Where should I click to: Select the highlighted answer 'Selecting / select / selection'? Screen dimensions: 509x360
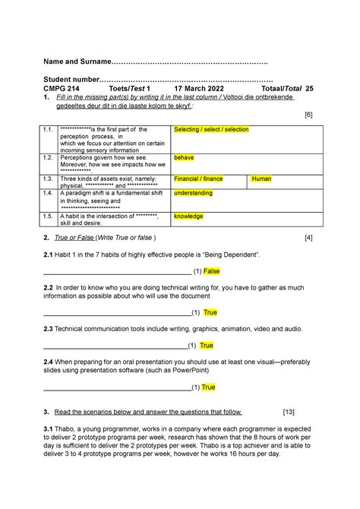click(x=211, y=130)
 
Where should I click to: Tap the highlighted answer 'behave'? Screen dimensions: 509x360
click(x=184, y=158)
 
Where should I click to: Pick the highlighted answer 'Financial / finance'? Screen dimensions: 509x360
click(x=198, y=179)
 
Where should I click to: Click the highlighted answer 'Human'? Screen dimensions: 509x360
click(x=261, y=179)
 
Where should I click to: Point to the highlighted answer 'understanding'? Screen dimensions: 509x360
click(x=194, y=194)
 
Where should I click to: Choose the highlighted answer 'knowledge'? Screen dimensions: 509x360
click(x=188, y=216)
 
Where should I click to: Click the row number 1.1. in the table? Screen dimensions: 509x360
click(x=49, y=130)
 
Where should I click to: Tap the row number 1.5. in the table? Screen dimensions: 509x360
click(x=49, y=216)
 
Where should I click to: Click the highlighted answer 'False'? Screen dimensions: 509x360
click(x=211, y=271)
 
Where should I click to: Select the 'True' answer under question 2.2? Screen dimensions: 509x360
click(x=210, y=312)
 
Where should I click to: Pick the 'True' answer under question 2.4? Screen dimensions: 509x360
click(x=208, y=387)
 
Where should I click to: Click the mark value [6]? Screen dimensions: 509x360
click(x=308, y=115)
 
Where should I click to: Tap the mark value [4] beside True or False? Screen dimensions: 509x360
click(x=308, y=239)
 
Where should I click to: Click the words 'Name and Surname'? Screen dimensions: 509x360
click(x=76, y=61)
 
